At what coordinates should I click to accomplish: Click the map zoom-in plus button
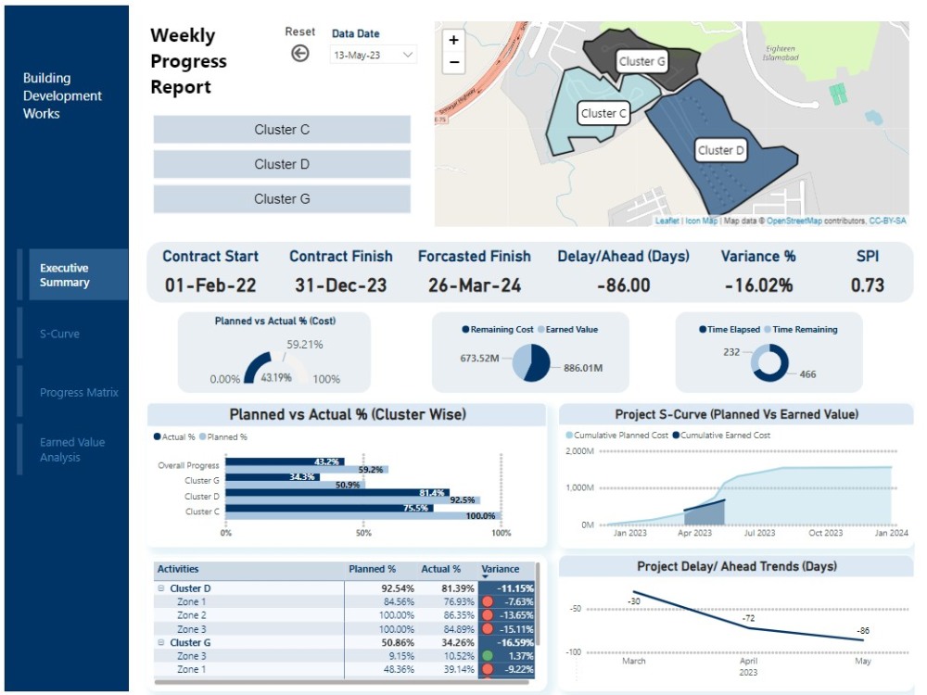coord(453,41)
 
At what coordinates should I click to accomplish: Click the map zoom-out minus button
coord(453,63)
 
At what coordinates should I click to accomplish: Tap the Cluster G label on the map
coord(641,61)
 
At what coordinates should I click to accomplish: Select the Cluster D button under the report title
coord(282,164)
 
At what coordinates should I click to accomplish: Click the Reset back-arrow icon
coord(299,54)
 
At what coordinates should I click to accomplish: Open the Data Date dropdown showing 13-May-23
coord(374,56)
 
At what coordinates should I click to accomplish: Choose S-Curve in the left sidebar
coord(59,334)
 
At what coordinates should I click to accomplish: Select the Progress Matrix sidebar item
coord(79,392)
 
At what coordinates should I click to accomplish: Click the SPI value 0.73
coord(868,285)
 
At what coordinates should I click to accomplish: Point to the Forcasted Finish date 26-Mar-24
coord(475,285)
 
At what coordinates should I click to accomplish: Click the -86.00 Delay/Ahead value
coord(622,285)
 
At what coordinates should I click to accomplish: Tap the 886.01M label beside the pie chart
coord(583,368)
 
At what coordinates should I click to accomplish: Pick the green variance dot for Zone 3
coord(489,655)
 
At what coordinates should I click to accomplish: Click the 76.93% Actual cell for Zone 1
coord(455,601)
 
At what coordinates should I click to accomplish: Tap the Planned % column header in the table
coord(372,569)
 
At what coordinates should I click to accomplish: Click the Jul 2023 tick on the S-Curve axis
coord(760,533)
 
